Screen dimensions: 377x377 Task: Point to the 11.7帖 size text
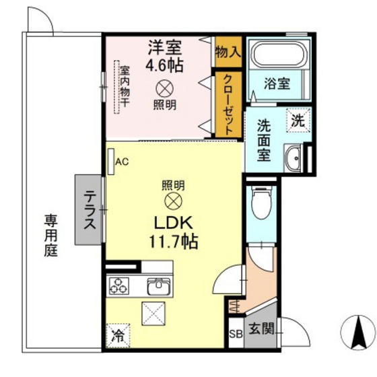[x=174, y=242]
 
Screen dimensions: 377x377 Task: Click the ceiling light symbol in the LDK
[x=174, y=201]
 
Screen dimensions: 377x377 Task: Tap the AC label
[x=122, y=162]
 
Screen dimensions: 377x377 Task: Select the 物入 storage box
[x=228, y=51]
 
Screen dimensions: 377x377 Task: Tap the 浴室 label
[x=276, y=84]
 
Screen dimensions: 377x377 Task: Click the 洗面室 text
[x=263, y=139]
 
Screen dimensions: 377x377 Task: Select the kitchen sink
[x=159, y=287]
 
